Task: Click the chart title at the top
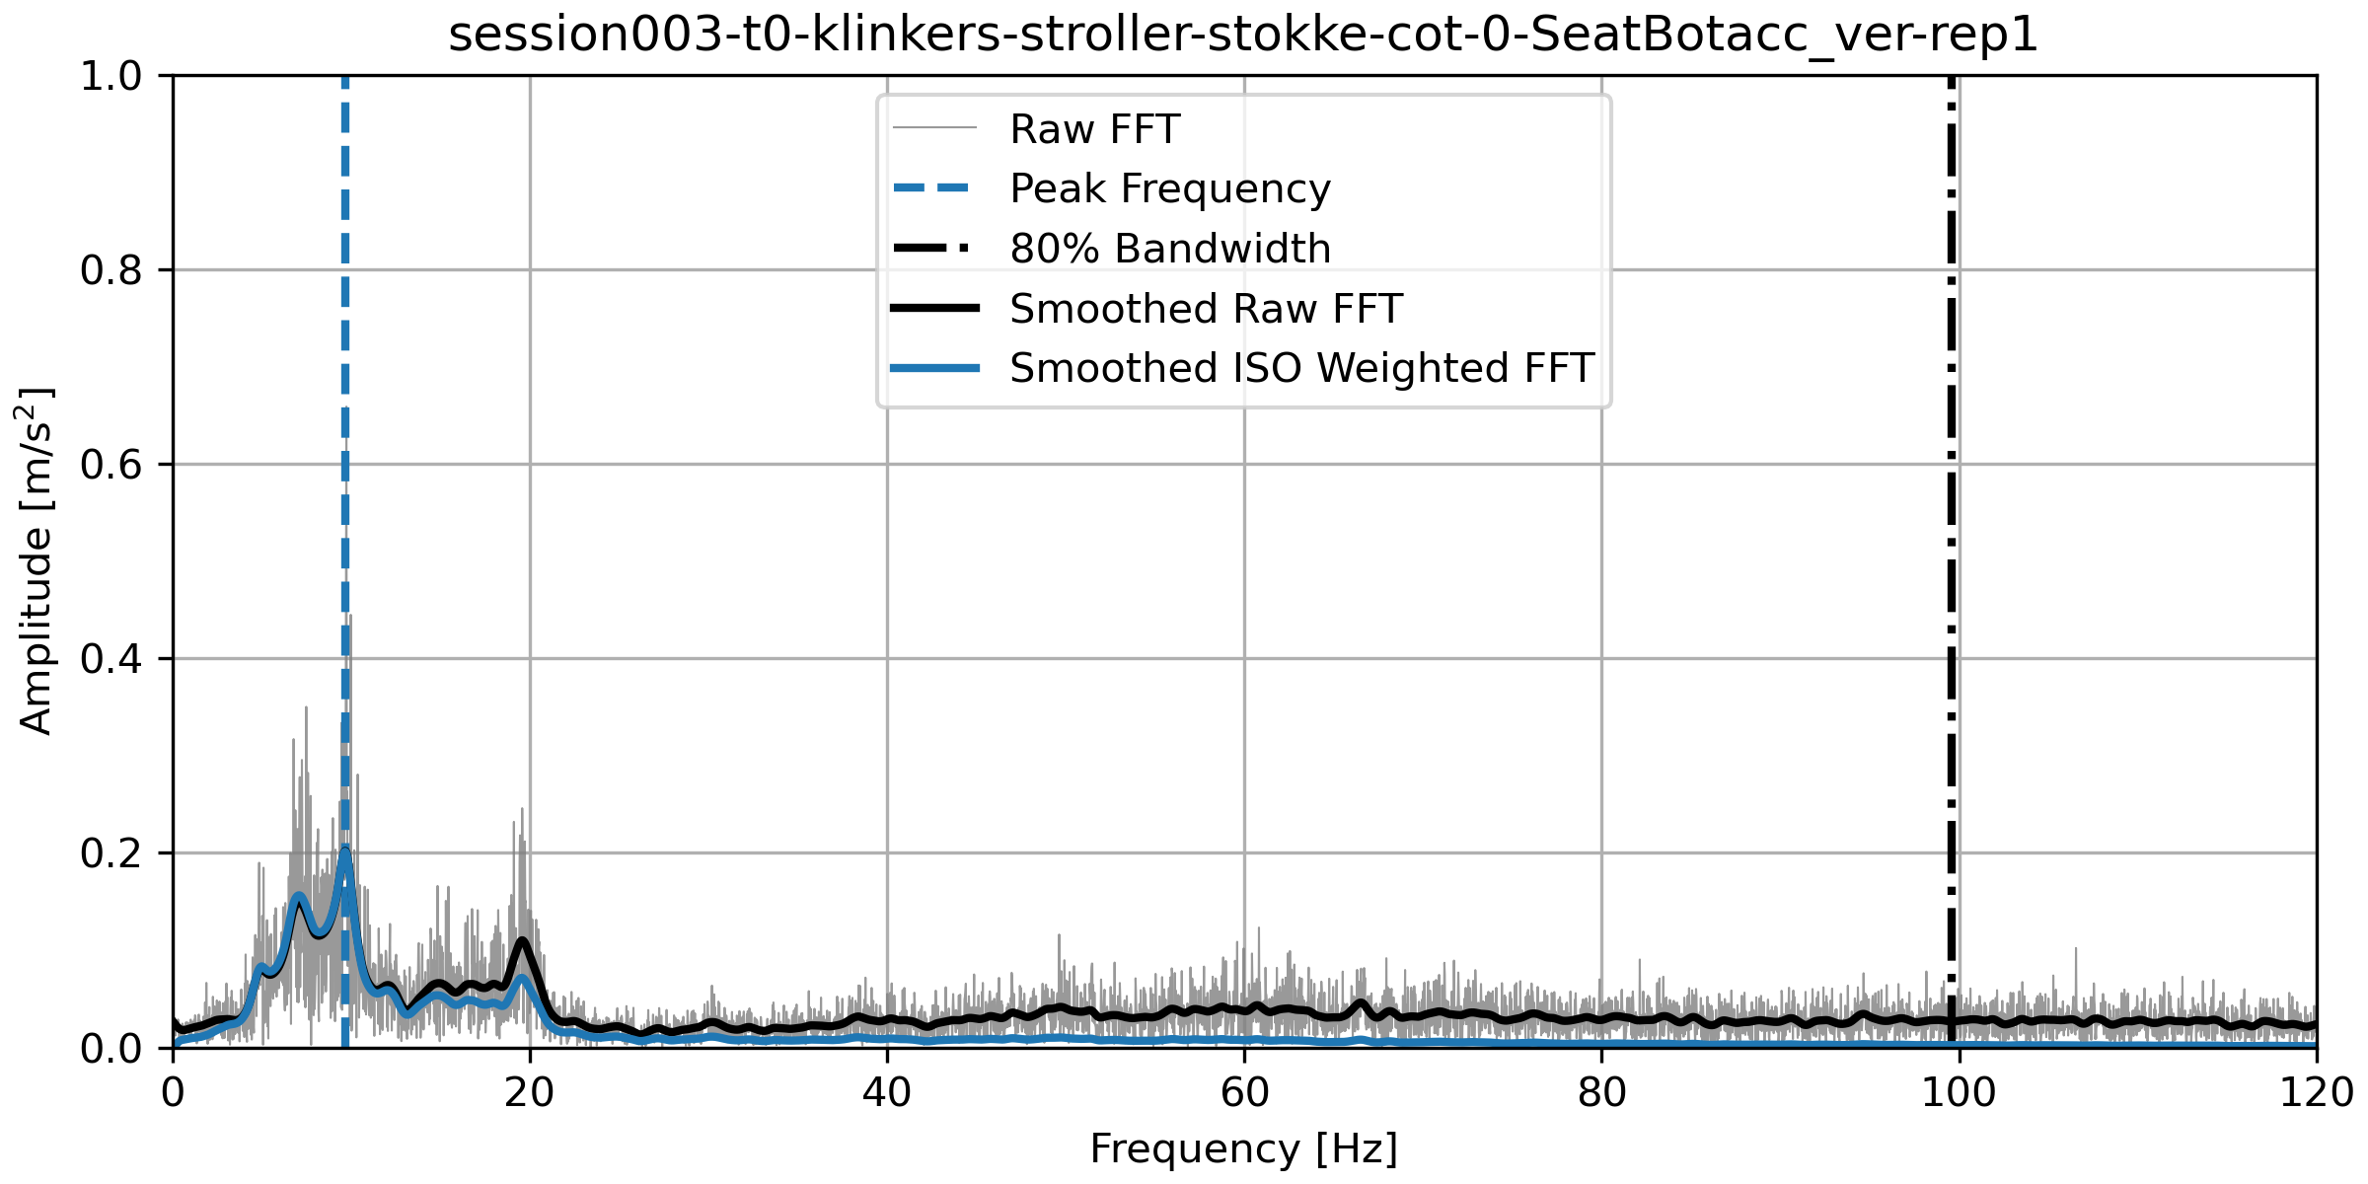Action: click(x=1243, y=36)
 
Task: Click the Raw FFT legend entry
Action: click(x=1094, y=129)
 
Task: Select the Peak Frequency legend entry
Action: click(x=1169, y=188)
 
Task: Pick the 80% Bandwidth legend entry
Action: click(x=1169, y=249)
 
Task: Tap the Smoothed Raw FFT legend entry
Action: click(x=1205, y=309)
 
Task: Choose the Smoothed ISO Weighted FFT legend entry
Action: click(x=1301, y=368)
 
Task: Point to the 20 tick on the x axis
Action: click(x=530, y=1092)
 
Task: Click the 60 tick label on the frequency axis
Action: click(x=1244, y=1092)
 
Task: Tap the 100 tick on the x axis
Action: click(x=1959, y=1092)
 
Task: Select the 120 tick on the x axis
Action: click(x=2316, y=1092)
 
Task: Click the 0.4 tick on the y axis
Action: click(x=111, y=659)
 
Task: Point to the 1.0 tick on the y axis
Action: click(x=111, y=76)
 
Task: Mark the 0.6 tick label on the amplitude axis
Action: click(x=111, y=465)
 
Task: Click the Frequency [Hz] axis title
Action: click(x=1243, y=1149)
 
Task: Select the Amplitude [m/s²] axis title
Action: click(x=36, y=560)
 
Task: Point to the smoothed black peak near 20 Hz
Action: click(x=523, y=940)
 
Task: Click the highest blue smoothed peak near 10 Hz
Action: click(x=344, y=851)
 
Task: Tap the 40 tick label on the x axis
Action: click(x=887, y=1092)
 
